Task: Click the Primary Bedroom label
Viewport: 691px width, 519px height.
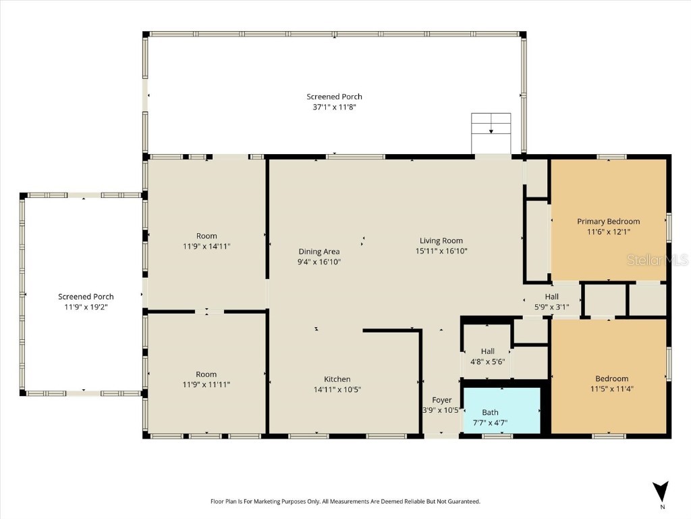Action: coord(608,221)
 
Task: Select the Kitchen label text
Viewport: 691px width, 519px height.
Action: coord(337,379)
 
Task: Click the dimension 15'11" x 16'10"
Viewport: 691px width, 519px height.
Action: coord(441,251)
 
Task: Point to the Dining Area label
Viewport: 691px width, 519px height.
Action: coord(319,251)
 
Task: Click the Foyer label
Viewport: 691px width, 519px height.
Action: coord(442,400)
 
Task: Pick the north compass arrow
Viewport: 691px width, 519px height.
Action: coord(661,491)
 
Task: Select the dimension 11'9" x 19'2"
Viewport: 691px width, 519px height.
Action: coord(86,307)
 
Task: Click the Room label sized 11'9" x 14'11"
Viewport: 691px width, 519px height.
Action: coord(206,236)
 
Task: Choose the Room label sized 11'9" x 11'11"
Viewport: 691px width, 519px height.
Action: coord(206,374)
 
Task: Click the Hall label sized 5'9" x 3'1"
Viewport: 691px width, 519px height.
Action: coord(551,297)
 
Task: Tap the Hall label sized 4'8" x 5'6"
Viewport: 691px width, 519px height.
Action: coord(487,351)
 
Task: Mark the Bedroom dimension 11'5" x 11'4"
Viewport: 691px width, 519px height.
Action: coord(611,389)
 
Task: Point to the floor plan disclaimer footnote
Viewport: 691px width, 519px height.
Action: coord(345,501)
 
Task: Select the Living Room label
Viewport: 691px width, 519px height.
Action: coord(441,241)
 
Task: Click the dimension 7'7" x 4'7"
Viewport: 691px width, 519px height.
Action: coord(491,422)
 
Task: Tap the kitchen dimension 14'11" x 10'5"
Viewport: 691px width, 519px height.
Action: coord(337,389)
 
